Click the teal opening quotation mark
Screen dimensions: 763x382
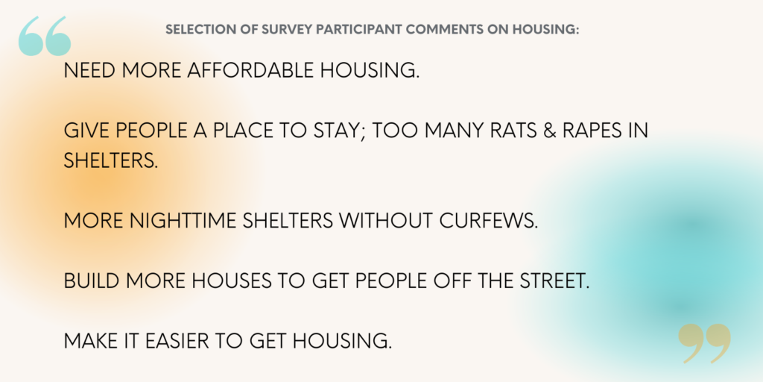click(45, 36)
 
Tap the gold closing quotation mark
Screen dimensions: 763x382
click(704, 343)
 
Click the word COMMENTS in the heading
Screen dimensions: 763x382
click(443, 30)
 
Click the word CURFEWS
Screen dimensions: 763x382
click(488, 221)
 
